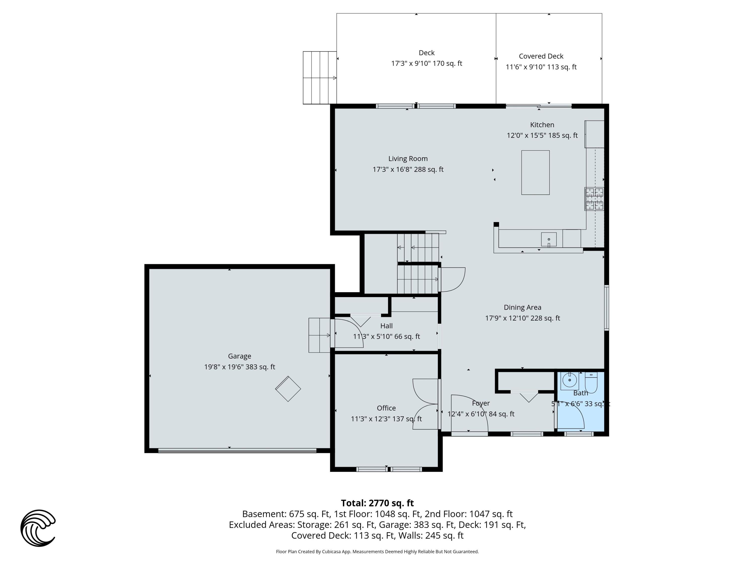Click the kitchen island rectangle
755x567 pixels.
click(x=535, y=173)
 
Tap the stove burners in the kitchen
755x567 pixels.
click(x=594, y=199)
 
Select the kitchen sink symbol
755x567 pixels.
click(x=548, y=239)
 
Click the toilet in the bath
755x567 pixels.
click(x=591, y=383)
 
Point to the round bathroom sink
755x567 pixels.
click(x=569, y=380)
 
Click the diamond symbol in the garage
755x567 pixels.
click(x=288, y=389)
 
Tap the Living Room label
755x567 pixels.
click(x=408, y=159)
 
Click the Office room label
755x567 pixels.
click(x=386, y=408)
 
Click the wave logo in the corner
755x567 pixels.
click(x=38, y=528)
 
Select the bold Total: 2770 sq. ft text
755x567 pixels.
click(x=377, y=503)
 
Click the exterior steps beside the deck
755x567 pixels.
click(x=319, y=78)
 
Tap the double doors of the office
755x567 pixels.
click(x=425, y=404)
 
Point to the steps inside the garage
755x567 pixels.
click(x=319, y=335)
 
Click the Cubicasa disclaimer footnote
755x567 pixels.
click(x=377, y=552)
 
